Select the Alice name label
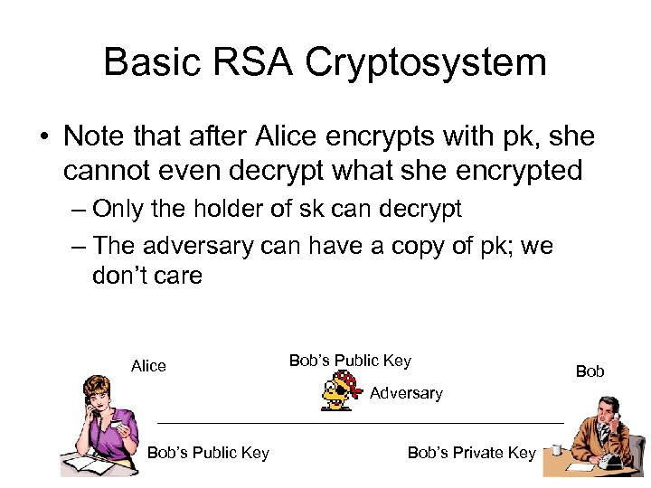click(148, 366)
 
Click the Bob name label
click(590, 371)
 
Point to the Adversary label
click(406, 393)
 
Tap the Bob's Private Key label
click(471, 453)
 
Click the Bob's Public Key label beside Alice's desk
click(208, 453)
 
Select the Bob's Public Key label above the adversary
click(350, 361)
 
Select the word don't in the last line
click(122, 276)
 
